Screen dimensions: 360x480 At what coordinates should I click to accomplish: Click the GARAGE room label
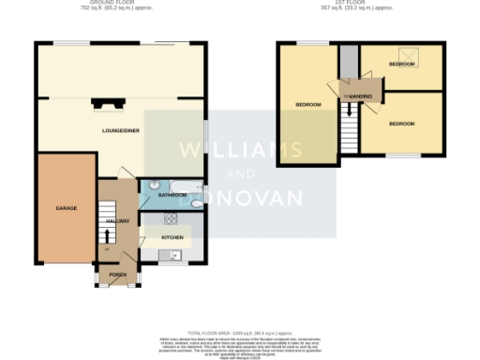[66, 207]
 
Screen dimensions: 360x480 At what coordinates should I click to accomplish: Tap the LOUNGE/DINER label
[121, 130]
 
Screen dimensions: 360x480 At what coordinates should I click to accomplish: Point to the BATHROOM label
[172, 195]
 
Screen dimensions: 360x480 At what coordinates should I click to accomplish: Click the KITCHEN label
[172, 238]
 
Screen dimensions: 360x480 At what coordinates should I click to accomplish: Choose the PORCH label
[117, 274]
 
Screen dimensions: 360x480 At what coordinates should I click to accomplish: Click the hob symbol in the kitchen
[172, 219]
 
